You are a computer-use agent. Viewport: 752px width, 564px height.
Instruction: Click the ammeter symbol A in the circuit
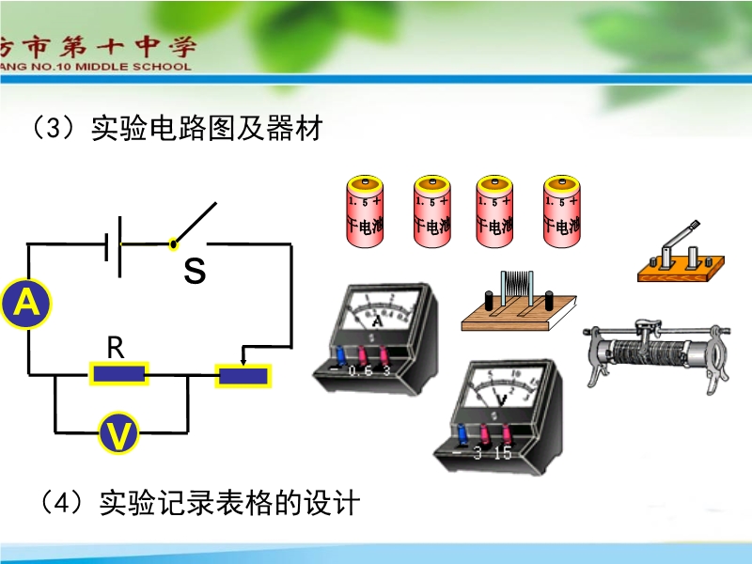(x=26, y=303)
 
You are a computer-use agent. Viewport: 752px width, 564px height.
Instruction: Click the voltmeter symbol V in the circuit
(x=120, y=433)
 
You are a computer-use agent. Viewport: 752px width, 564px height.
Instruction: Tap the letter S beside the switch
(x=195, y=272)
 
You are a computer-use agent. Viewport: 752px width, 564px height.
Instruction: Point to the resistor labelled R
(x=118, y=374)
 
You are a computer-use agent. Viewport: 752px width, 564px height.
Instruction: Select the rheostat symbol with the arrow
(x=243, y=376)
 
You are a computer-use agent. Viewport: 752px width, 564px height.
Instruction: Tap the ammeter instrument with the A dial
(x=376, y=334)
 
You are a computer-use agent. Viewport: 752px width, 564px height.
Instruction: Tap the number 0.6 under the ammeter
(x=359, y=372)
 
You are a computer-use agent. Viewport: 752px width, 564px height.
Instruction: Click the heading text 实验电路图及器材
(x=207, y=129)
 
